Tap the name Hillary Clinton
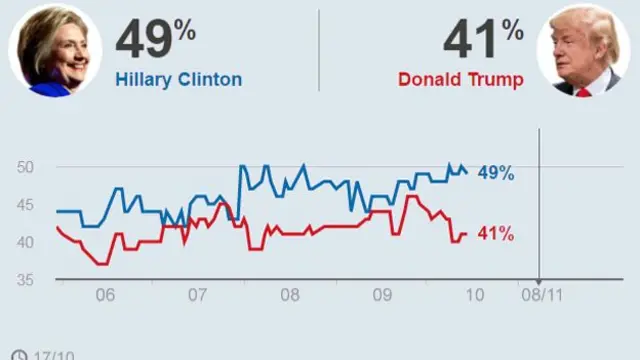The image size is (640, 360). pos(178,79)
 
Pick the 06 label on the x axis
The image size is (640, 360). pos(104,296)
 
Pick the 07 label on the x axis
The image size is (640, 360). pos(197,296)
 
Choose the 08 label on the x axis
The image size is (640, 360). pos(289,296)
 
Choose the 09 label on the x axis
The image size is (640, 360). pos(382,296)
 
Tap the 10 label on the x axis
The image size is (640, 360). pos(474,296)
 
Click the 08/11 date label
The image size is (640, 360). pos(538,296)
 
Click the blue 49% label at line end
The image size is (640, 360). pos(496,173)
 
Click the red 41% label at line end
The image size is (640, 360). pos(496,234)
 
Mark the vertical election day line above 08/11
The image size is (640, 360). pos(539,210)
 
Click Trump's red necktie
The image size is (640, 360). pos(583,90)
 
